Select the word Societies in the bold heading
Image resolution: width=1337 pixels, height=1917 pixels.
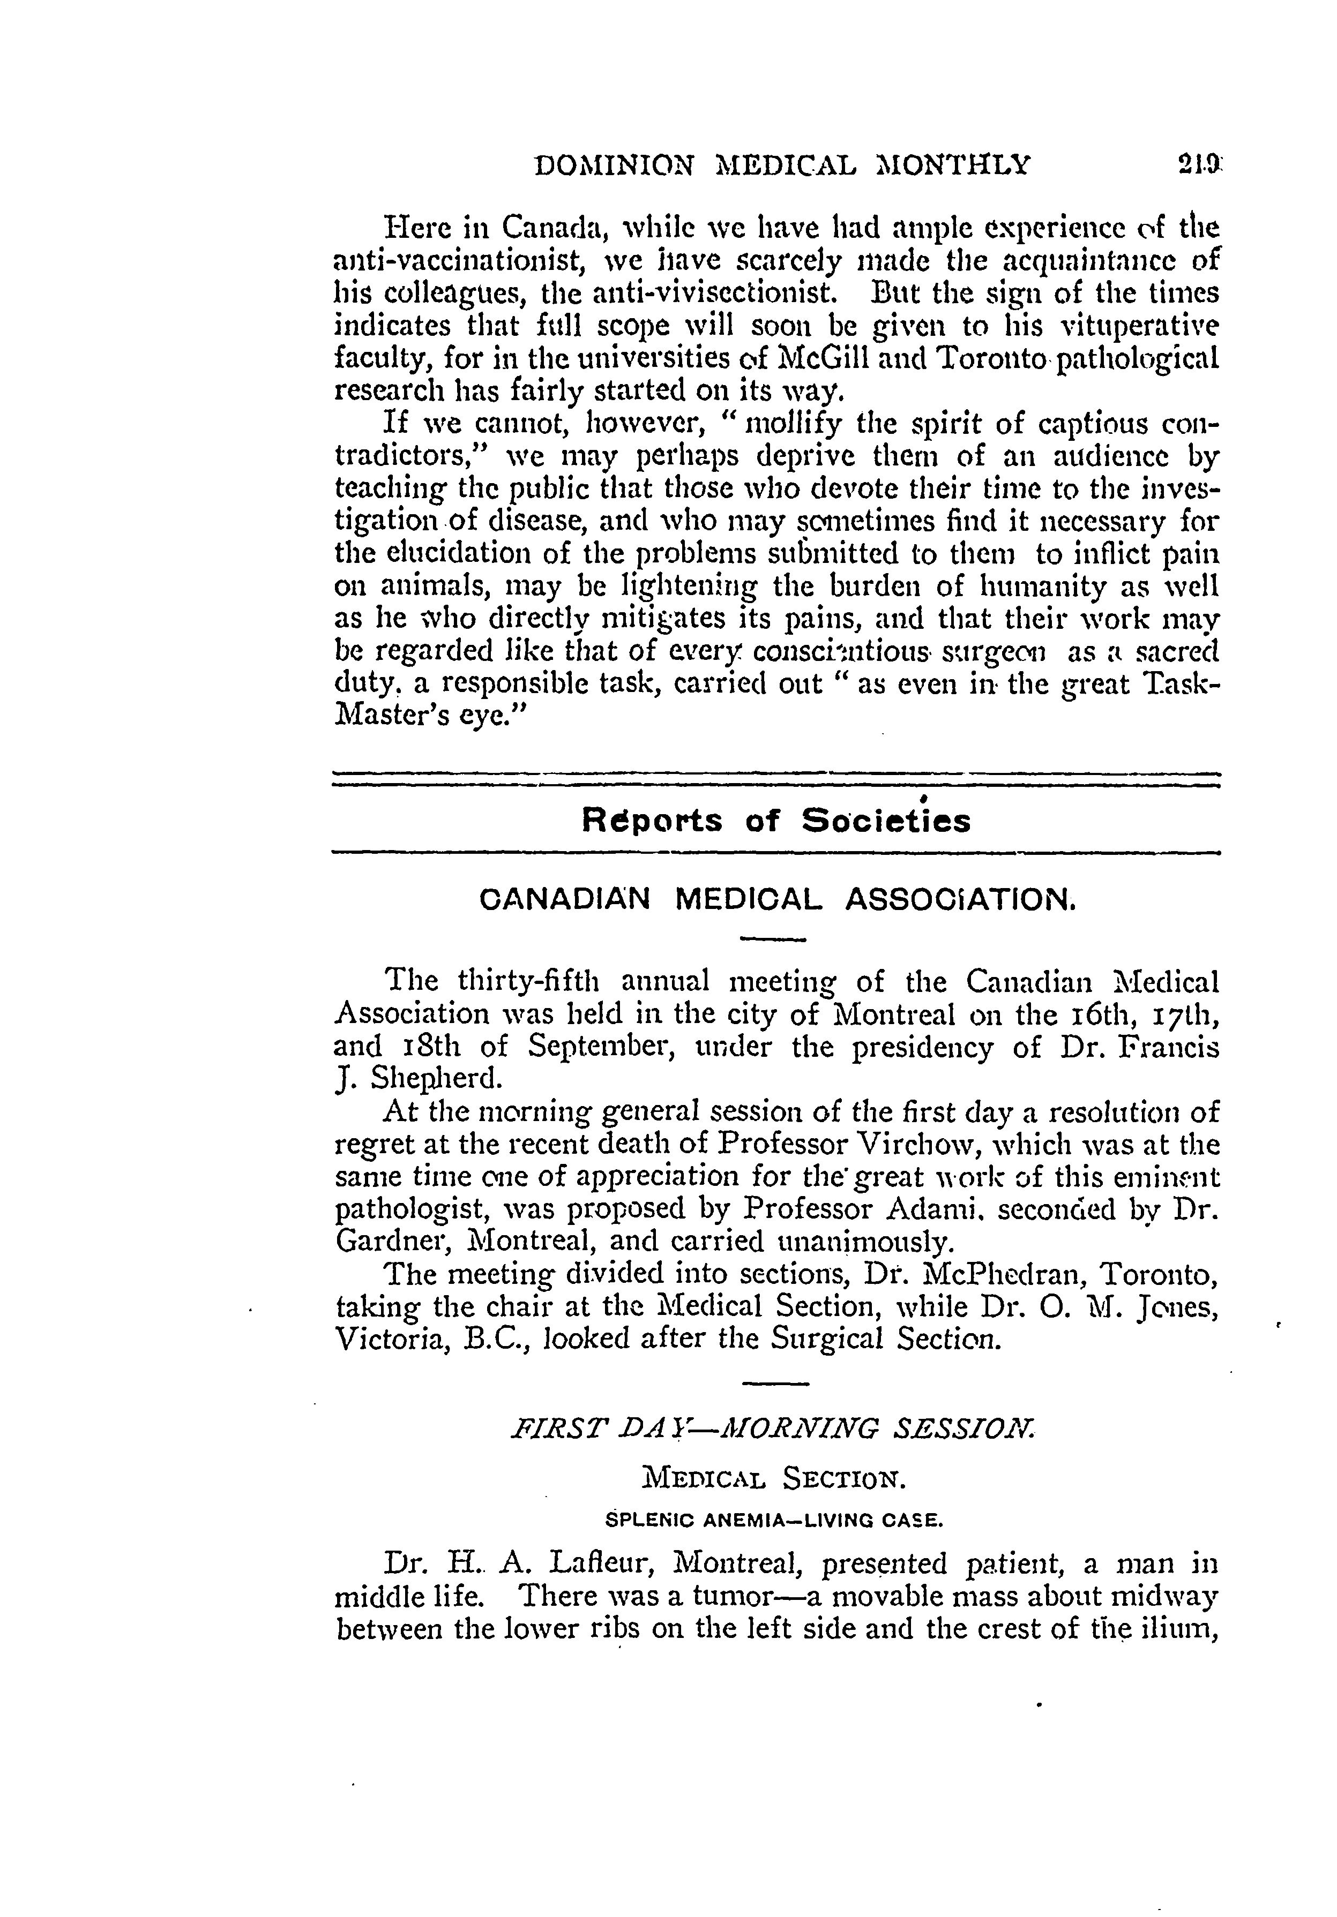[x=886, y=822]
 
